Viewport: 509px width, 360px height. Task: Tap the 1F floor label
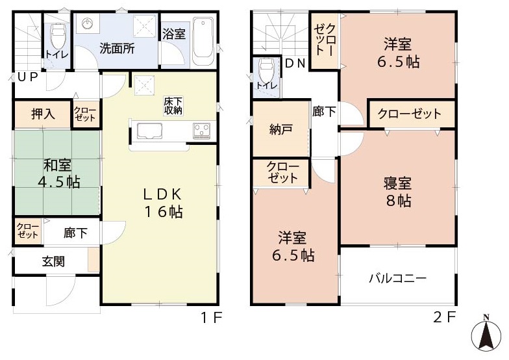click(212, 317)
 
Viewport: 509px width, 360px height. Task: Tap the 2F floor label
click(445, 317)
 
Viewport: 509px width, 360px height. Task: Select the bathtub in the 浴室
click(203, 42)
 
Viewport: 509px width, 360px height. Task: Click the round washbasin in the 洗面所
click(88, 23)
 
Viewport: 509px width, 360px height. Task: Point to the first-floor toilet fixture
click(57, 36)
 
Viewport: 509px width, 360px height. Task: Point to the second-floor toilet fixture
click(267, 71)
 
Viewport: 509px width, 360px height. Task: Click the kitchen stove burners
click(203, 131)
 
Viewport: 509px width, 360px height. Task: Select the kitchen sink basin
click(149, 131)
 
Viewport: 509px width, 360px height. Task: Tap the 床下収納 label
click(173, 105)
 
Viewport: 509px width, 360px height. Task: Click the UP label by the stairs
click(27, 77)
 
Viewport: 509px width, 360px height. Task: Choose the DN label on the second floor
click(295, 63)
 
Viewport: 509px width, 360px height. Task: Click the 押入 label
click(43, 114)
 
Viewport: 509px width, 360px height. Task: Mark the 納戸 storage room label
click(281, 130)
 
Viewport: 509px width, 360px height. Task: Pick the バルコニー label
click(397, 278)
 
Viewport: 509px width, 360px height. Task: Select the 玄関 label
click(53, 261)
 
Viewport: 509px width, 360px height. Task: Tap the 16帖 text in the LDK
click(164, 212)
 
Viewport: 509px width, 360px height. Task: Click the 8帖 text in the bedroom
click(399, 201)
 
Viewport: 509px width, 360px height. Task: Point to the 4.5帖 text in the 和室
click(59, 182)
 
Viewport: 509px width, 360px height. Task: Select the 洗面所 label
click(117, 49)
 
